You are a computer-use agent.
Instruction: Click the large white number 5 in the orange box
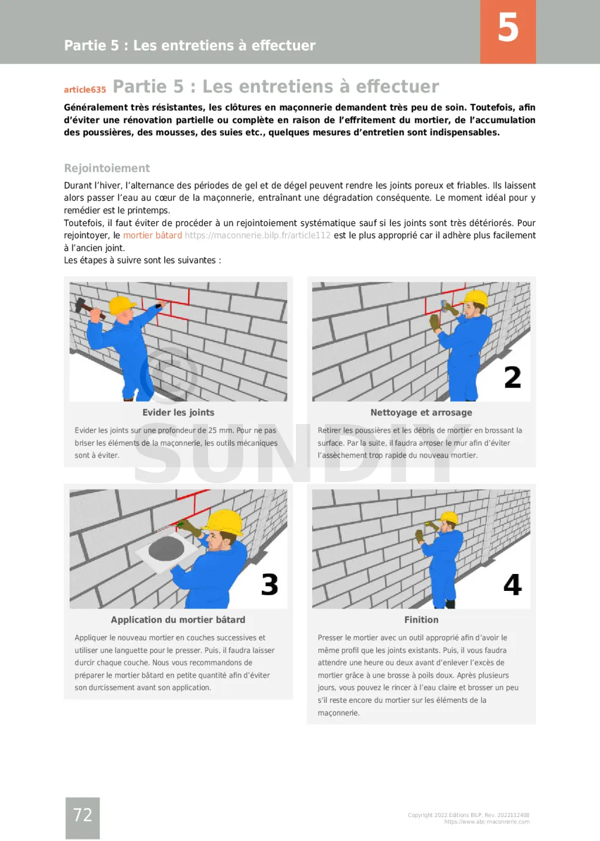point(508,28)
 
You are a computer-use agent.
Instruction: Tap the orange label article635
point(85,90)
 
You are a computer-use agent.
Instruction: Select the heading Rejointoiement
point(107,168)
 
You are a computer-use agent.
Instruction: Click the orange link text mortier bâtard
point(152,235)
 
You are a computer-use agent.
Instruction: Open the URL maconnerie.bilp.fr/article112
point(257,235)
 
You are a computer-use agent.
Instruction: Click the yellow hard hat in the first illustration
point(122,305)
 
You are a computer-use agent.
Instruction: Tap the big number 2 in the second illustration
point(512,378)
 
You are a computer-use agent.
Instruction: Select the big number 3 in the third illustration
point(270,584)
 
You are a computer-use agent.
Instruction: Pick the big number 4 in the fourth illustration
point(512,584)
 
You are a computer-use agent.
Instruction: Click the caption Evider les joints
point(178,412)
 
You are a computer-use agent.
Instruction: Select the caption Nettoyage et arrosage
point(421,412)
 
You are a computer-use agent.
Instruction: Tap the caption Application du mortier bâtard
point(178,620)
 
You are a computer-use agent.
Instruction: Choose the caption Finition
point(421,620)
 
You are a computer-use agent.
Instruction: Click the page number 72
point(83,815)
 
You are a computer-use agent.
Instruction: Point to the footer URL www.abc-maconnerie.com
point(487,822)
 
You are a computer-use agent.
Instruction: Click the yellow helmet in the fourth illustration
point(449,518)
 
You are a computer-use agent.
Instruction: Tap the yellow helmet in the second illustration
point(476,298)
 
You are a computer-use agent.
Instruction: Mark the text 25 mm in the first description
point(220,430)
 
